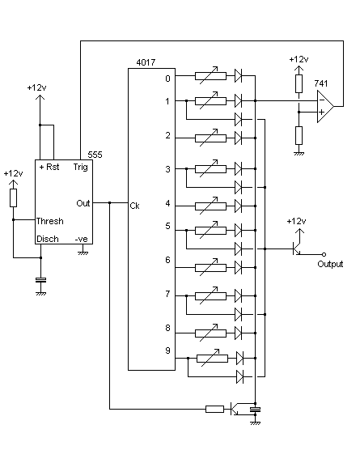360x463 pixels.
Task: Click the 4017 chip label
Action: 146,62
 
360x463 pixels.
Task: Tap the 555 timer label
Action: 95,155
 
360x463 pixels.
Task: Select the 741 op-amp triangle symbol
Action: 325,106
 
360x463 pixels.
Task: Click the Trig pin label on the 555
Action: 81,167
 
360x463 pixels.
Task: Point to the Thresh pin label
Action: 50,221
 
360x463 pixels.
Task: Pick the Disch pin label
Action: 48,239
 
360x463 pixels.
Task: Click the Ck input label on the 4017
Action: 134,206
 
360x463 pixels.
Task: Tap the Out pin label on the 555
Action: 83,203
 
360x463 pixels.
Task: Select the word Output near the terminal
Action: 330,264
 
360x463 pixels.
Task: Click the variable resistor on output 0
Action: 210,76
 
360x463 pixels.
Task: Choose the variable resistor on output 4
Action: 210,206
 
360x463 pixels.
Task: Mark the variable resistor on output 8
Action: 210,333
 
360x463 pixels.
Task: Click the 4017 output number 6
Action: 168,260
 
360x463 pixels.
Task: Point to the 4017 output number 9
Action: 168,350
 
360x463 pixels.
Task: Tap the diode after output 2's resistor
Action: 239,138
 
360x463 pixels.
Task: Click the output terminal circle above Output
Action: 324,254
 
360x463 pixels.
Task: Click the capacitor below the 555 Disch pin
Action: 41,280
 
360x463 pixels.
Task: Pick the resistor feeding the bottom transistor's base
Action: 214,410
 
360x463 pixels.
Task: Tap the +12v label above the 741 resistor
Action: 299,59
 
